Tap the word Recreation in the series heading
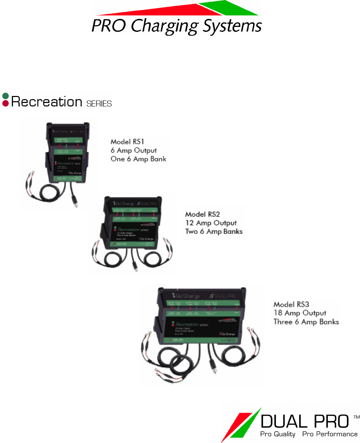[47, 102]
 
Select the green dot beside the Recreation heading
[5, 96]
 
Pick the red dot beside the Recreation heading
[5, 103]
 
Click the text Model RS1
[127, 141]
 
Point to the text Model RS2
[202, 214]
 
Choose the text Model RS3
[291, 304]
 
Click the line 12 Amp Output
[211, 223]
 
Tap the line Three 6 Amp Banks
[306, 322]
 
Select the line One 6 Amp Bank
[138, 159]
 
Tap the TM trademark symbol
[356, 417]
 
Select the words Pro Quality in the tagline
[278, 434]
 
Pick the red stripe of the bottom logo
[235, 425]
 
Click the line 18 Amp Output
[300, 313]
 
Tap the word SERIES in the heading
[99, 104]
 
